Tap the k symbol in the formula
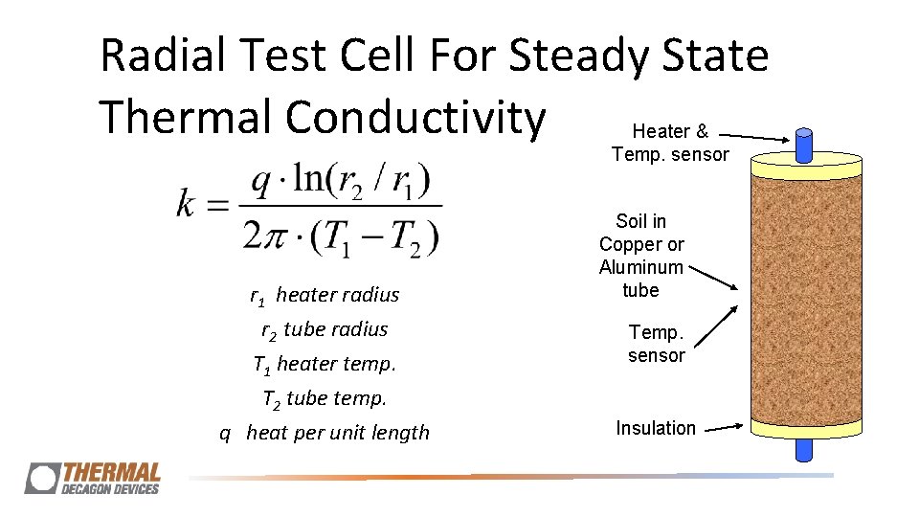189,204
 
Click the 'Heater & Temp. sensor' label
670,143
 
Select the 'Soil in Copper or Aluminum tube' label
641,256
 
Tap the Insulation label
656,428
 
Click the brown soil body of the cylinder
804,297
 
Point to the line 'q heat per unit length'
325,433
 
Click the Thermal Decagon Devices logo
94,478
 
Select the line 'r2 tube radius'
325,329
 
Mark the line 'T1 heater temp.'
325,364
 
